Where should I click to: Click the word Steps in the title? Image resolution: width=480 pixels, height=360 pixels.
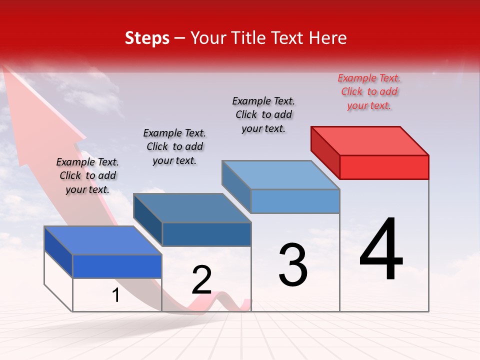pos(147,38)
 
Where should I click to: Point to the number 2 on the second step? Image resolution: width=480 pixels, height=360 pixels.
pos(202,280)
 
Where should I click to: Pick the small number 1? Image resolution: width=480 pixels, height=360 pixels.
pos(116,295)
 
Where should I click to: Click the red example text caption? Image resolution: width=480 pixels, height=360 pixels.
pos(369,92)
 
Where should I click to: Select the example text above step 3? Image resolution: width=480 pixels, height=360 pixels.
pos(264,114)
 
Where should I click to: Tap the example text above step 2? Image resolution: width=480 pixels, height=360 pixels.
pos(174,146)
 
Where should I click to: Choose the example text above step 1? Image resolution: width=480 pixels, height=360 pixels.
pos(87,175)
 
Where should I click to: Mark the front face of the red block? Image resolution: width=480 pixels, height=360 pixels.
pos(384,167)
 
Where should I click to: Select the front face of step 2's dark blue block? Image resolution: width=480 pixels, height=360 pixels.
pos(206,234)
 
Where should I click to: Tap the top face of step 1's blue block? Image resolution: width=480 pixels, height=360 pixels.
pos(103,240)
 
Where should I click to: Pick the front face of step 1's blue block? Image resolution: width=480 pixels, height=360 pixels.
pos(117,266)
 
